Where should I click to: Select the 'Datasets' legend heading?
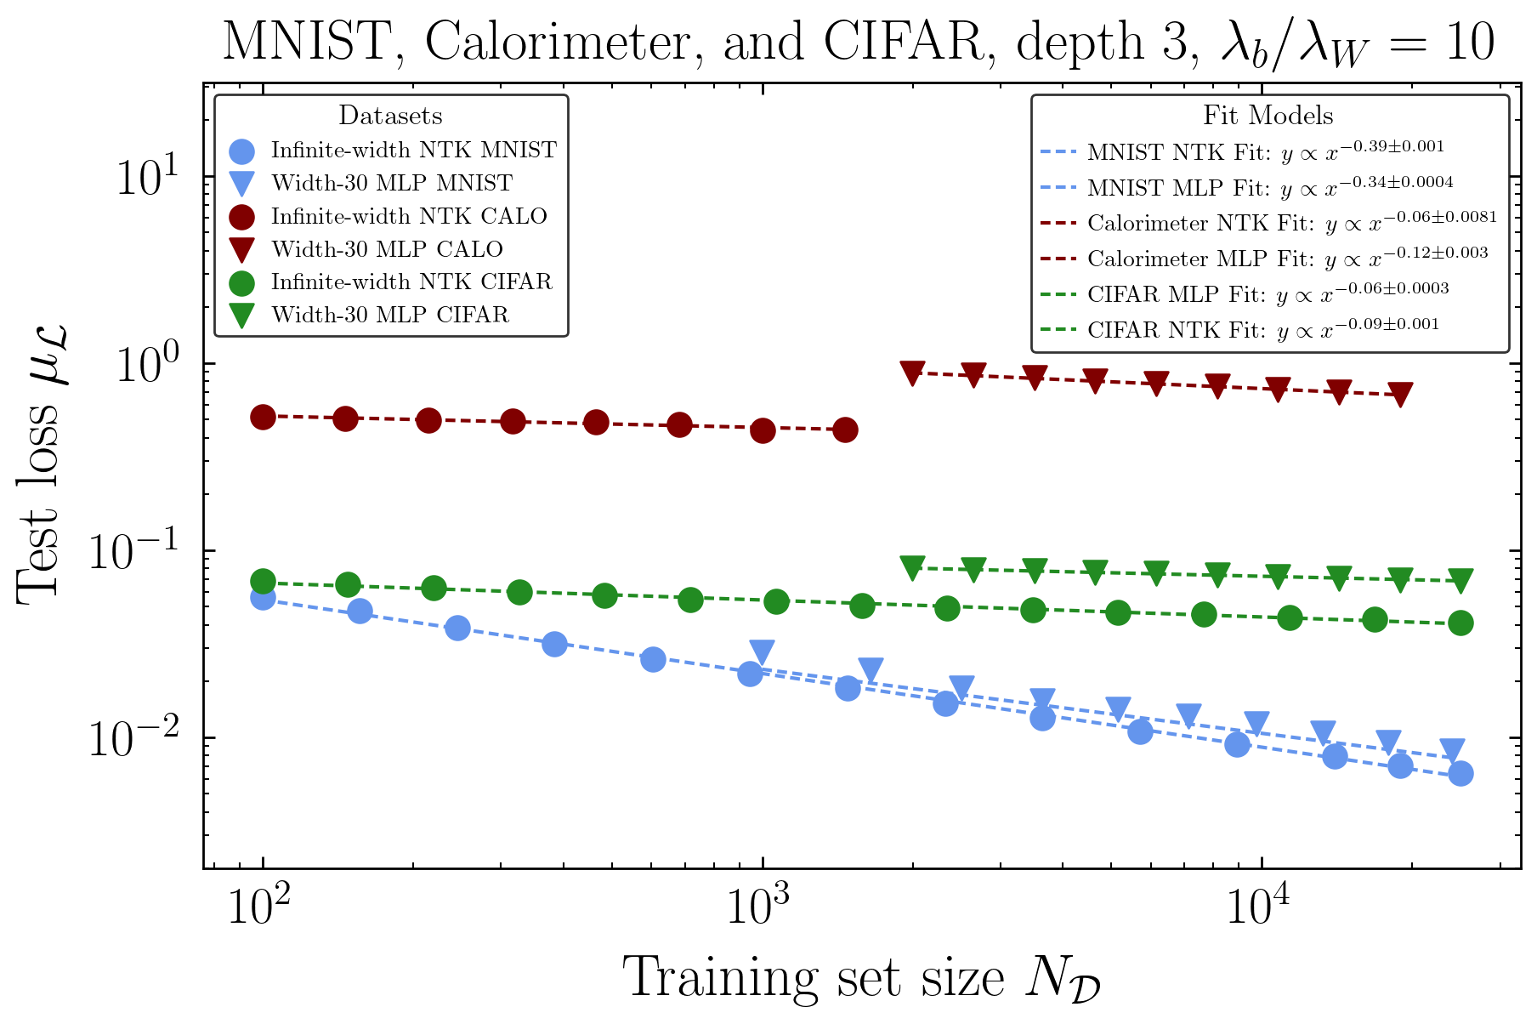coord(390,116)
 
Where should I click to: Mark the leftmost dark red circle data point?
coord(264,417)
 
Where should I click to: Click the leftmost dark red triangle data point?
coord(912,373)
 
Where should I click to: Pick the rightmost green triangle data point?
coord(1460,580)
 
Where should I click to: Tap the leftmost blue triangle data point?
coord(762,652)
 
